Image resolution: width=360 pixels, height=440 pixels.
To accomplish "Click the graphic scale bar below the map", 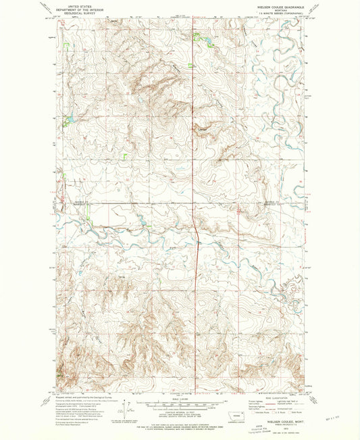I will [x=180, y=402].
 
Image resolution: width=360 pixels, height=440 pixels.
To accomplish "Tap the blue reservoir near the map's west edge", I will [x=67, y=122].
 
